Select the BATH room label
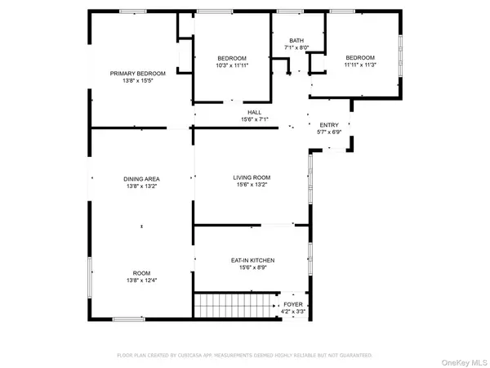[295, 41]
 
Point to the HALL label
[254, 112]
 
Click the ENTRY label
[328, 124]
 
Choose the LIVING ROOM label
[252, 177]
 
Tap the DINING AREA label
[141, 179]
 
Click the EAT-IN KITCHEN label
[252, 260]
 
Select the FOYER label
[292, 304]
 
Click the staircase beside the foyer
[234, 307]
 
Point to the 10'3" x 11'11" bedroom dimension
[233, 65]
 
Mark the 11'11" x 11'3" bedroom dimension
[359, 65]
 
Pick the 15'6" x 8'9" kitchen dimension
[252, 267]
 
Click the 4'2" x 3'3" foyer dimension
[292, 312]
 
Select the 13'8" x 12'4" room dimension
[141, 280]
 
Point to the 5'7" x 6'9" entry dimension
[328, 132]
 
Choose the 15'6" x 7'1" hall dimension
[254, 119]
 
